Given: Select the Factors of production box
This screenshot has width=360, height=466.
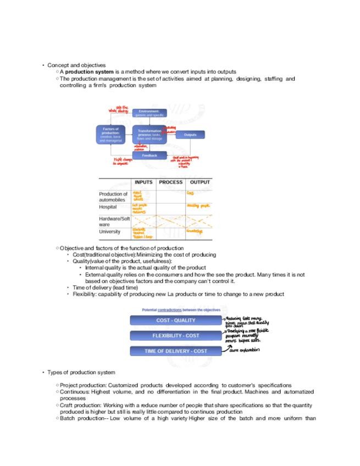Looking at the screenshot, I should pyautogui.click(x=110, y=135).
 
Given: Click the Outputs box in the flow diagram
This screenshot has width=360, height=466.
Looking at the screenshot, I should pyautogui.click(x=190, y=135).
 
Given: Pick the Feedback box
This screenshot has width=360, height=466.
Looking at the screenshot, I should pyautogui.click(x=149, y=156).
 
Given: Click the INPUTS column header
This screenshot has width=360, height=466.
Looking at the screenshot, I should pyautogui.click(x=143, y=182).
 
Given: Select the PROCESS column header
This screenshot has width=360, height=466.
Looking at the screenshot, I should pyautogui.click(x=171, y=182).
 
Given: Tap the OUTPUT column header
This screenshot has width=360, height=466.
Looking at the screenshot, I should pyautogui.click(x=200, y=182).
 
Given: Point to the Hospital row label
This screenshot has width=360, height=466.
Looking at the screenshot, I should pyautogui.click(x=109, y=208).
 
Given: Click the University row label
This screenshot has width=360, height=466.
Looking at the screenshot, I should pyautogui.click(x=109, y=232).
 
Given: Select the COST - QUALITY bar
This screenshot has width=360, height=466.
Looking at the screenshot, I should pyautogui.click(x=175, y=320).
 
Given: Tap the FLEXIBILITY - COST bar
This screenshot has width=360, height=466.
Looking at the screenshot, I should pyautogui.click(x=175, y=335).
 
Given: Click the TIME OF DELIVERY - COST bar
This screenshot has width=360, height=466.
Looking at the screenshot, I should pyautogui.click(x=175, y=351).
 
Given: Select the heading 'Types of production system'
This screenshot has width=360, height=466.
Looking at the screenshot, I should pyautogui.click(x=81, y=373).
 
